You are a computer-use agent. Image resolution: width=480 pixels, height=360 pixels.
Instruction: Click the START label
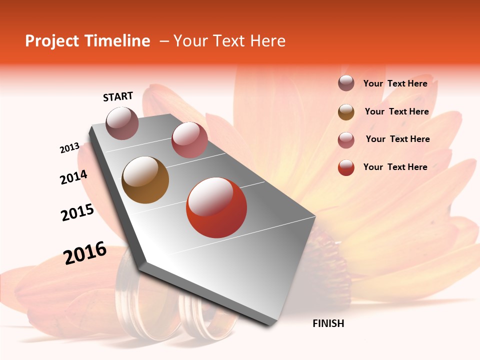click(x=118, y=96)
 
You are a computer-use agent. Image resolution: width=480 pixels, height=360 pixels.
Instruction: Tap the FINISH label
click(x=328, y=323)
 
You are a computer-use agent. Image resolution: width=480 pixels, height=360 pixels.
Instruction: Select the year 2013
click(x=69, y=148)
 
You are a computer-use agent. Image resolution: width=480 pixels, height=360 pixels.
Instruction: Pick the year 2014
click(x=73, y=177)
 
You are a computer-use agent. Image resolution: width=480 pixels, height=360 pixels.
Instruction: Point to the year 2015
click(x=77, y=212)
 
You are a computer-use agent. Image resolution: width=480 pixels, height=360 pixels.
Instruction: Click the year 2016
click(x=85, y=253)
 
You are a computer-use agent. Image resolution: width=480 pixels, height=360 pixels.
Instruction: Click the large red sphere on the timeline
click(x=216, y=208)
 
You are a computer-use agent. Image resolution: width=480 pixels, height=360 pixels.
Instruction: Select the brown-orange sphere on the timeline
click(x=145, y=180)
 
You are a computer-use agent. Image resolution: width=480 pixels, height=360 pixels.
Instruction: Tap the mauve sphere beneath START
click(x=122, y=123)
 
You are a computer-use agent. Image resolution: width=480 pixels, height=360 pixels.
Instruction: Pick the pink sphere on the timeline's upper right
click(x=189, y=140)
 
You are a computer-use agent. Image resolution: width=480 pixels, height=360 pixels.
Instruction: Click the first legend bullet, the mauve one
click(x=346, y=83)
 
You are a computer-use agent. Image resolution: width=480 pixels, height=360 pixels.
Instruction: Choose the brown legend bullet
click(x=346, y=112)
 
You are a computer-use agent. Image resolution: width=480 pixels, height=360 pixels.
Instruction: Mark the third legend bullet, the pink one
click(x=346, y=139)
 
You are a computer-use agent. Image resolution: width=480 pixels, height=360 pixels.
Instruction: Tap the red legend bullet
click(x=346, y=167)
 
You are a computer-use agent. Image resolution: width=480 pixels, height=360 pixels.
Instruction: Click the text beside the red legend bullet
click(x=395, y=167)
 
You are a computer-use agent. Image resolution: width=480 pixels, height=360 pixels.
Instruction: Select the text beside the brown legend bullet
click(x=396, y=111)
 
